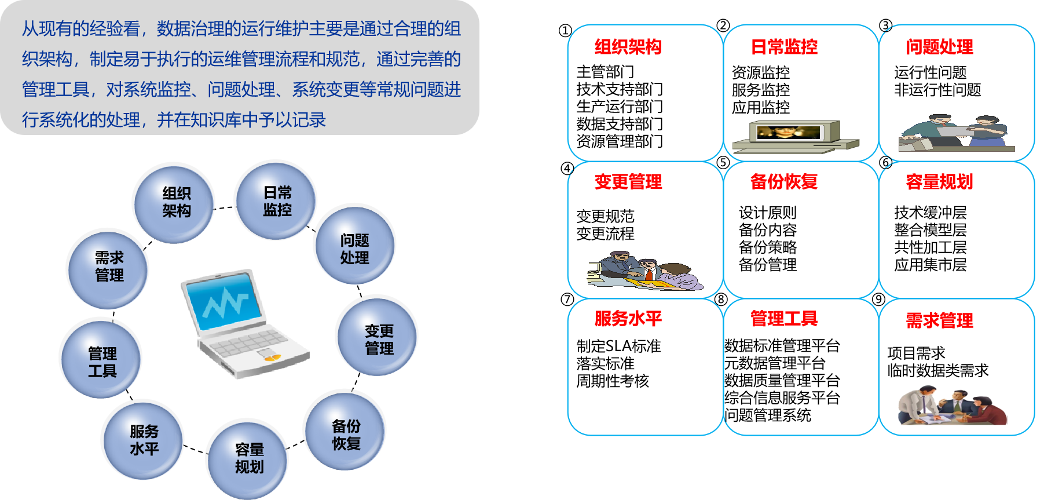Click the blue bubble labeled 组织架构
[174, 202]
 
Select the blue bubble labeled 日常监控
[276, 200]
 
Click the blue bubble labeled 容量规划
[248, 458]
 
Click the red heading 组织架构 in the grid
[628, 47]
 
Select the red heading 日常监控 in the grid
[784, 47]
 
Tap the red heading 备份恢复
[784, 182]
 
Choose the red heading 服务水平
[628, 318]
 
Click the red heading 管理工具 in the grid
[784, 318]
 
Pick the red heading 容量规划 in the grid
[939, 182]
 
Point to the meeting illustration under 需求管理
[952, 406]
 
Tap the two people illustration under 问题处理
[955, 133]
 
